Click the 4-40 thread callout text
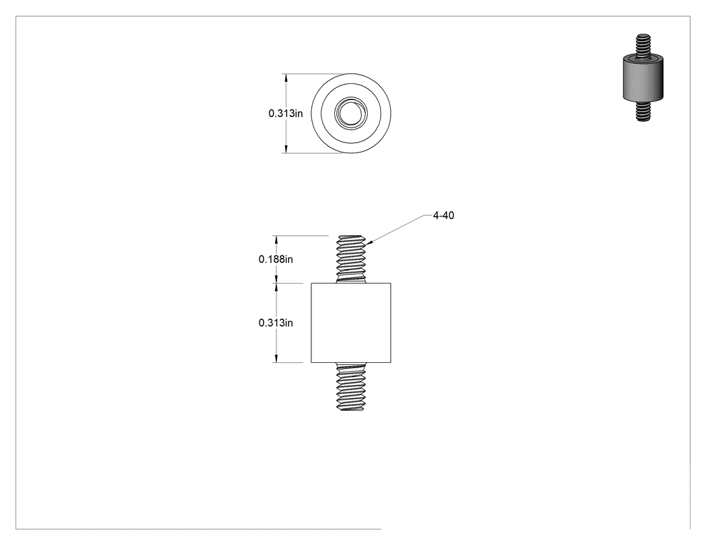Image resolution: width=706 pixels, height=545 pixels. tap(444, 216)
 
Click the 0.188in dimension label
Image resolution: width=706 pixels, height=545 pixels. tap(276, 259)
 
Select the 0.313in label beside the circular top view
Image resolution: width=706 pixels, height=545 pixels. tap(286, 114)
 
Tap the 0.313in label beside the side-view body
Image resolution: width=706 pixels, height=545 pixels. tap(276, 323)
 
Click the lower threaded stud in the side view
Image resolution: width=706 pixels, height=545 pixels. tap(351, 386)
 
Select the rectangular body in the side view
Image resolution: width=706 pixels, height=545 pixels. tap(351, 323)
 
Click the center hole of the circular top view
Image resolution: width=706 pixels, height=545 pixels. tap(351, 114)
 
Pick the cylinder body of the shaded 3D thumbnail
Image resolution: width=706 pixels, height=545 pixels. tap(643, 78)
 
